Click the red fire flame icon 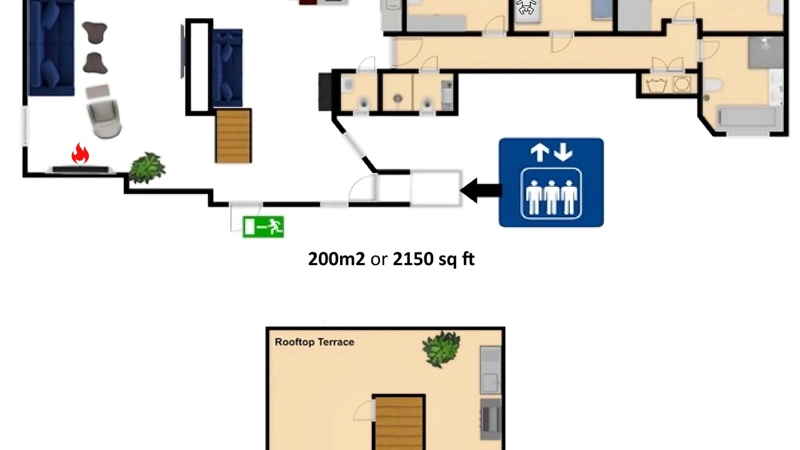[80, 154]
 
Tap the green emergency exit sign [263, 227]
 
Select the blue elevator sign [551, 182]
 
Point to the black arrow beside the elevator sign [481, 191]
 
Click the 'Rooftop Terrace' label [314, 342]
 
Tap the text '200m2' [336, 259]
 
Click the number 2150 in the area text [413, 259]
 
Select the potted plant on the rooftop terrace [441, 349]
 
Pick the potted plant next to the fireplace [147, 167]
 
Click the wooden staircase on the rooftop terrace [399, 423]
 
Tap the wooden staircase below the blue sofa [233, 136]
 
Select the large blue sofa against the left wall [52, 48]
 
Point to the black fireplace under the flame [81, 169]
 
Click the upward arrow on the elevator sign [539, 152]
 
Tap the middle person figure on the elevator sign [551, 197]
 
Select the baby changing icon [526, 7]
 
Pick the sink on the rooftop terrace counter [491, 383]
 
